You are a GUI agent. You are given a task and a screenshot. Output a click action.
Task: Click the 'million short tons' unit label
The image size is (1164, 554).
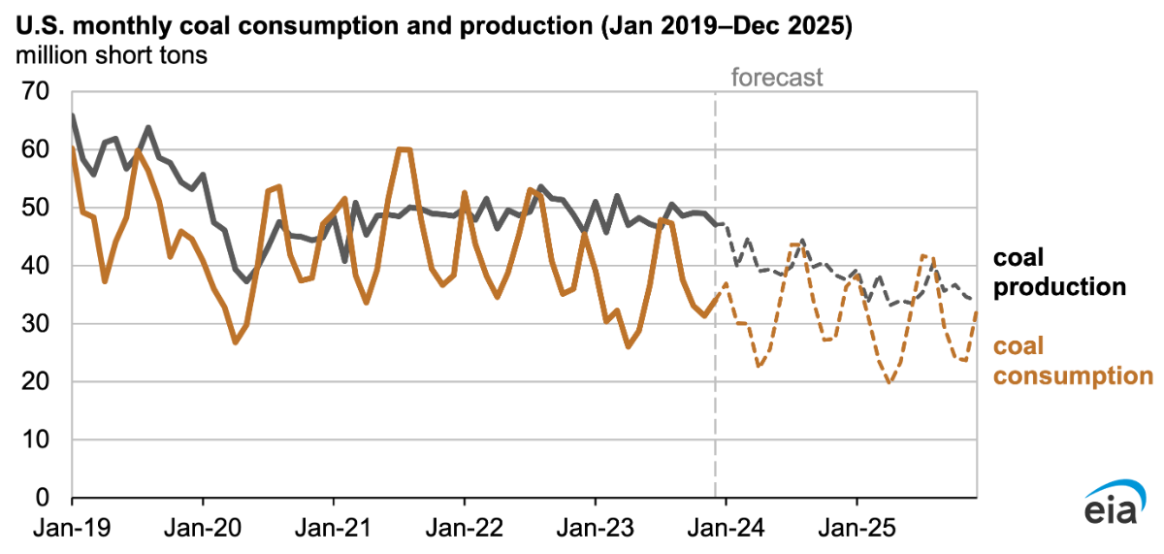click(x=111, y=55)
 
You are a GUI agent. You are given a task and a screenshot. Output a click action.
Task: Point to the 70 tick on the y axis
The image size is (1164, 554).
click(x=35, y=92)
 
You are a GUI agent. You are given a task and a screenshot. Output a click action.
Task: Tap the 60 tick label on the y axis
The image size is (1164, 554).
click(x=35, y=150)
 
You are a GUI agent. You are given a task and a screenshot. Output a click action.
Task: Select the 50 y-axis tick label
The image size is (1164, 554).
click(x=35, y=208)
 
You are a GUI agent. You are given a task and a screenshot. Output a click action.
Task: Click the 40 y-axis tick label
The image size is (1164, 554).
click(x=35, y=266)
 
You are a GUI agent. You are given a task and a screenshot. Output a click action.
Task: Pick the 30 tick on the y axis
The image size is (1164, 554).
click(x=35, y=324)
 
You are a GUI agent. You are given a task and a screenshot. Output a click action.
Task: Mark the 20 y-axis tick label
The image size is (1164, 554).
click(x=35, y=382)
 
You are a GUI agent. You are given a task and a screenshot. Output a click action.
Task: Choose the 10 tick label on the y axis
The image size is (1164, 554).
click(x=35, y=440)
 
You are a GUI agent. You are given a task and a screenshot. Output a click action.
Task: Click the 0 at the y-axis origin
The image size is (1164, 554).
click(x=43, y=499)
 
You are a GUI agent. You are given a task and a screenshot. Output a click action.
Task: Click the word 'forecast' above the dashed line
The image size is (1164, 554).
click(x=777, y=78)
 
